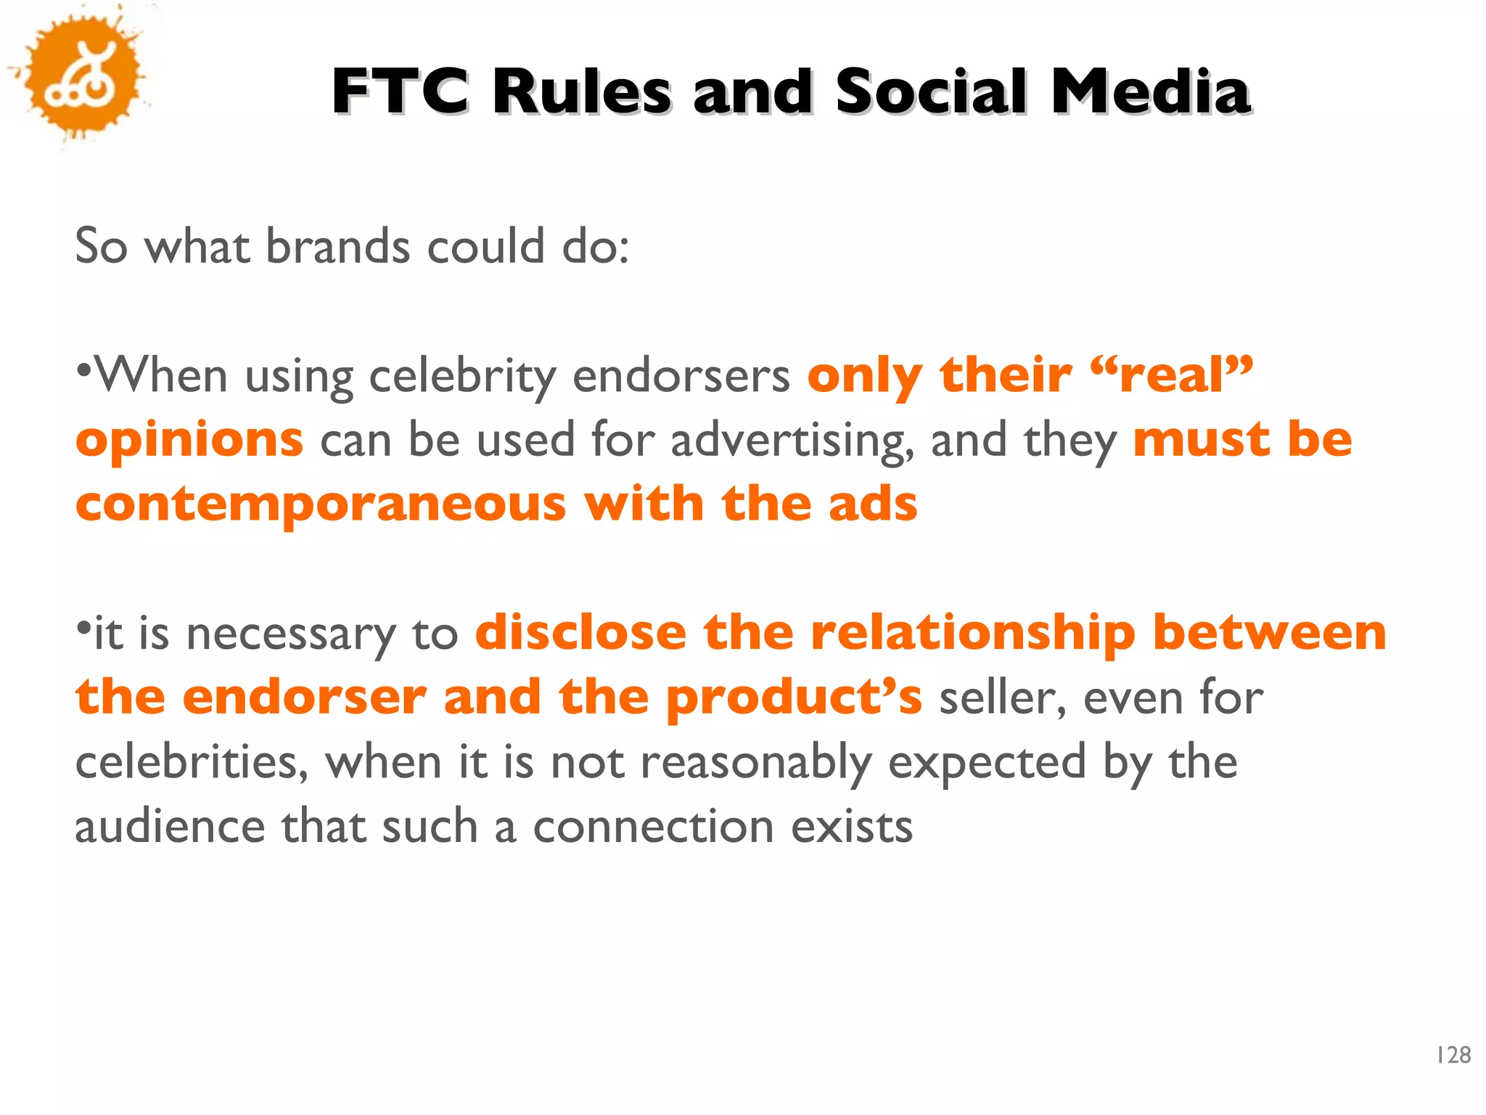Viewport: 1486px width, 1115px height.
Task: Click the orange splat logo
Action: point(78,76)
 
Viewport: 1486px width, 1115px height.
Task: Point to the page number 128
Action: point(1453,1055)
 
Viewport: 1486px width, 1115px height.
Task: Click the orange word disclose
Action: point(580,632)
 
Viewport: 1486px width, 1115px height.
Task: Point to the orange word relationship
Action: point(972,632)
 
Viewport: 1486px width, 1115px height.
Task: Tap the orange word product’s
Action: point(794,698)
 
